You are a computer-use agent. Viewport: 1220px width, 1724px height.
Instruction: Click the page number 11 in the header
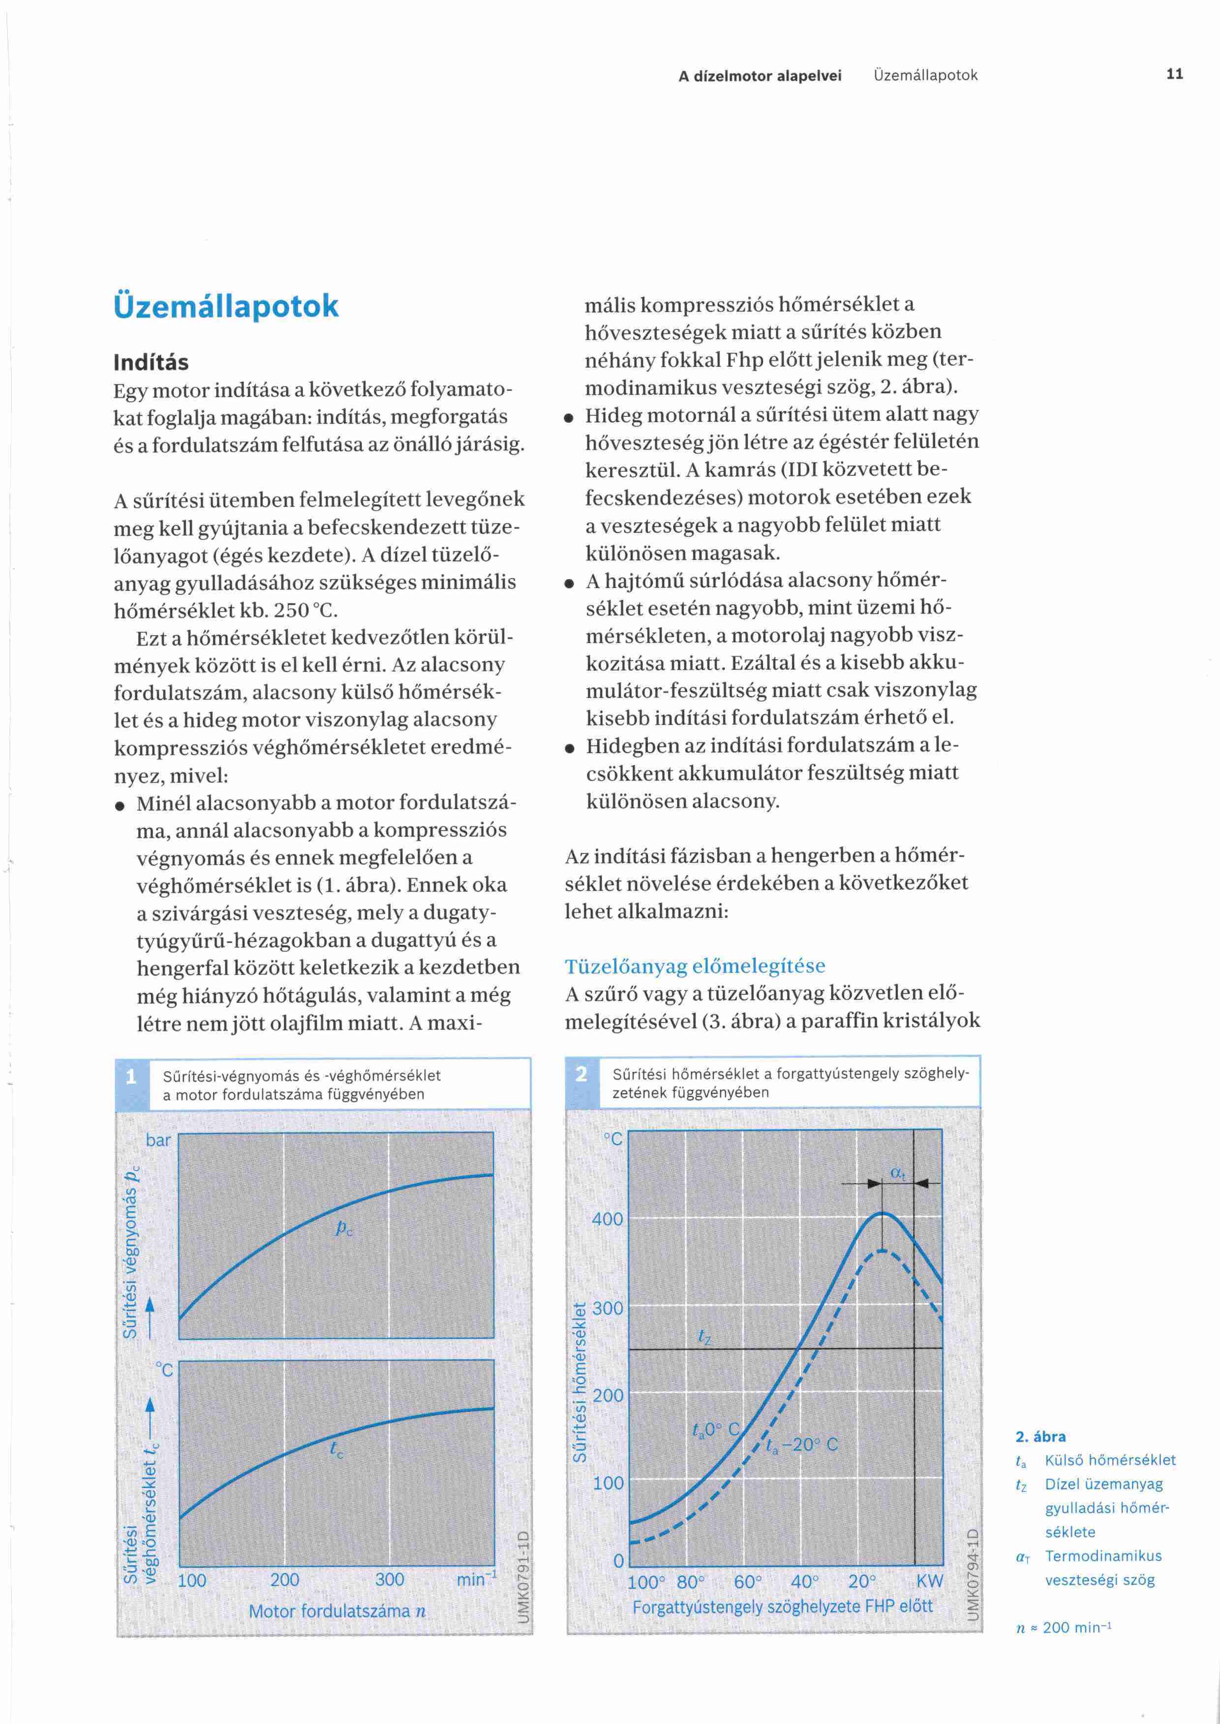pos(1174,74)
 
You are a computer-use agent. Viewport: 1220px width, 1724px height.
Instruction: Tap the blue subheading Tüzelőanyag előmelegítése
pos(695,965)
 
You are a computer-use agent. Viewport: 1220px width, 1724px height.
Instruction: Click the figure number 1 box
pos(131,1077)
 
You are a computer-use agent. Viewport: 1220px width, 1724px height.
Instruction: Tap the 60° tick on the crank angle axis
pos(747,1582)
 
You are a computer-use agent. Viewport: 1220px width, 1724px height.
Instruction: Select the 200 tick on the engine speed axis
pos(285,1580)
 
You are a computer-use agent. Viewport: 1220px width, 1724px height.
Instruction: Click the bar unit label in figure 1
pos(158,1140)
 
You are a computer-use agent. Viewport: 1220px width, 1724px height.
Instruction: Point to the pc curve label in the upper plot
pos(344,1229)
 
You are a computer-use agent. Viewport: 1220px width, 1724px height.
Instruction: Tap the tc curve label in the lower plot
pos(336,1450)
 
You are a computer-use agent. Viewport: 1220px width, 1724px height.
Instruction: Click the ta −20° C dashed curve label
pos(801,1445)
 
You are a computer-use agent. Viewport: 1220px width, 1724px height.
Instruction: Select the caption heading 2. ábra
pos(1040,1436)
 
